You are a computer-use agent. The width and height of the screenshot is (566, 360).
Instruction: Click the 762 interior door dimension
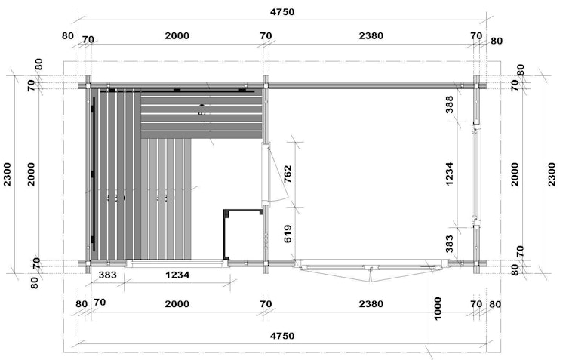(288, 174)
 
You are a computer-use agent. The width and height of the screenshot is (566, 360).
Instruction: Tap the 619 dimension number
(288, 234)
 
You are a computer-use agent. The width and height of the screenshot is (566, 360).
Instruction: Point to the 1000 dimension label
(438, 309)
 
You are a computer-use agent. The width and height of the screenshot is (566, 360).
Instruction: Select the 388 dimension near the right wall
(450, 104)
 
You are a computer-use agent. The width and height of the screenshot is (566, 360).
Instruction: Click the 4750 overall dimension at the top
(282, 12)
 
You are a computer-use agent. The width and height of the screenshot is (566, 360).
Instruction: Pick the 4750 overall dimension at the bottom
(282, 336)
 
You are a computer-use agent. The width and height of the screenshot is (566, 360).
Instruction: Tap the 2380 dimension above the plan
(371, 35)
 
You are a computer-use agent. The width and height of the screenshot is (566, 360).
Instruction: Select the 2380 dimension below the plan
(371, 304)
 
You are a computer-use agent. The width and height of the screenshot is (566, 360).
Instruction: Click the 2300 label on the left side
(8, 174)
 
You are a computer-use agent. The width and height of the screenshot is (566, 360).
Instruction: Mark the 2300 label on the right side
(552, 174)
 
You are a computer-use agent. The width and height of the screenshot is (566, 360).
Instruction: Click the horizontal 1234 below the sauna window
(177, 275)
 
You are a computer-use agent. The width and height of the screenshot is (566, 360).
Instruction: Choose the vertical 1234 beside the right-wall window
(450, 174)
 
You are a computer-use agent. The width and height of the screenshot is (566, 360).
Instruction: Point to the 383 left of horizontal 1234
(108, 275)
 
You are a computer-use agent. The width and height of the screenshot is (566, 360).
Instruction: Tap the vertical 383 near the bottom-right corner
(450, 244)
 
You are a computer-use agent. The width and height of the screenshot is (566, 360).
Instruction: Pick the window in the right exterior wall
(476, 174)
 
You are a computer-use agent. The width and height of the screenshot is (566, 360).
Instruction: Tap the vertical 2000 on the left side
(32, 174)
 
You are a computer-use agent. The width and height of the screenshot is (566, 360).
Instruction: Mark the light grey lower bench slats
(166, 199)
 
